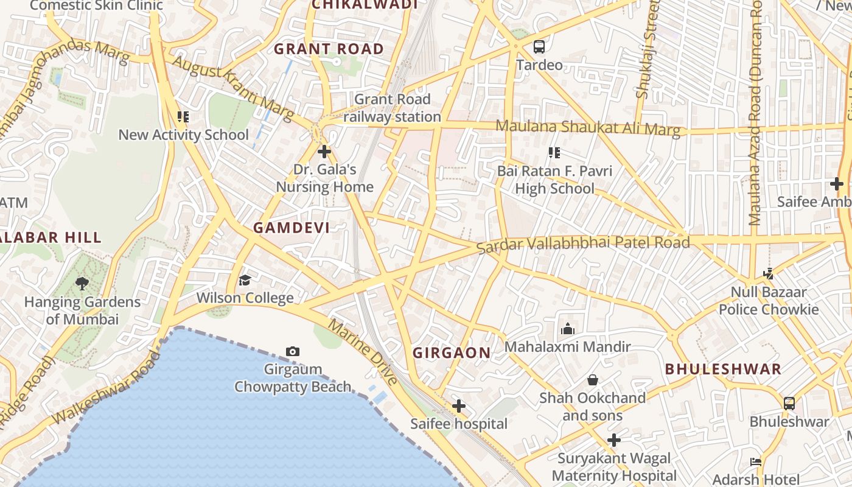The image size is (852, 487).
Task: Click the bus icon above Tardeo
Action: (x=539, y=46)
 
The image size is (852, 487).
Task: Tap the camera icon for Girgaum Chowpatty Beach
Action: (x=293, y=351)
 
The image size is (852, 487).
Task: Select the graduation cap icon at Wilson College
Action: (x=245, y=280)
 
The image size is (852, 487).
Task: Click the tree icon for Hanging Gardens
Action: (x=82, y=283)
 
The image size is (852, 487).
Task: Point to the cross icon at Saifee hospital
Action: (x=459, y=406)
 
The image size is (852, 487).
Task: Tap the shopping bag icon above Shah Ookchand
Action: (x=592, y=380)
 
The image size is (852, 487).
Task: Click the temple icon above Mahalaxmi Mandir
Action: (x=568, y=329)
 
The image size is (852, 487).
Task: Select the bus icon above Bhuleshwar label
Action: (x=789, y=403)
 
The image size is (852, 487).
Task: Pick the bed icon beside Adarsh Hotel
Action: (x=756, y=462)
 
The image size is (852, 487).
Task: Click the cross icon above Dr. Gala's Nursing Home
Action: (x=324, y=151)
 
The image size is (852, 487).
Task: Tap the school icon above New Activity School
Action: (x=183, y=116)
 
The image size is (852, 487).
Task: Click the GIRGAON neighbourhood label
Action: (x=452, y=352)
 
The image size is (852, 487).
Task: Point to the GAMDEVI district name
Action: (x=292, y=228)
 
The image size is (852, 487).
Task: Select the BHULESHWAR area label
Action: (x=723, y=369)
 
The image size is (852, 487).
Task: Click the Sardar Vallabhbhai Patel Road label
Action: (x=583, y=245)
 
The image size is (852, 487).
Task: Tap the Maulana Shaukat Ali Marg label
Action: (x=588, y=127)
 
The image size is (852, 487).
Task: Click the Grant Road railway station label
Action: (x=393, y=108)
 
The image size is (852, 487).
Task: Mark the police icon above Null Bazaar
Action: (x=769, y=274)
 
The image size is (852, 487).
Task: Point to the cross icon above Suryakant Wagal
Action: (x=614, y=440)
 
